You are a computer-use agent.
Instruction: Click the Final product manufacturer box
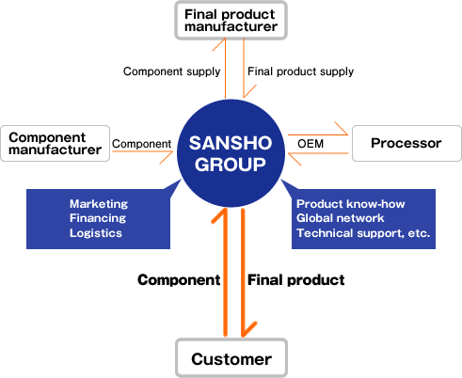(x=231, y=21)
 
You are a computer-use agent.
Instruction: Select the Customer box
(x=231, y=357)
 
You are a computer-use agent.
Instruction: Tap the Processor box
(x=406, y=143)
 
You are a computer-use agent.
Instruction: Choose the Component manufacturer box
(x=56, y=143)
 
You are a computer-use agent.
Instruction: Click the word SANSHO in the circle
(x=231, y=143)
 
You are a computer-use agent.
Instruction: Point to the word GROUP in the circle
(x=231, y=165)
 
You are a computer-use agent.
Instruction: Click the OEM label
(x=311, y=144)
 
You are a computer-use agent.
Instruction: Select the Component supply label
(x=172, y=71)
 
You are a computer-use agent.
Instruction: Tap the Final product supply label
(x=300, y=71)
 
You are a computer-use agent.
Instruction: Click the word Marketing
(x=99, y=204)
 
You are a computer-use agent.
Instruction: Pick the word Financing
(x=98, y=218)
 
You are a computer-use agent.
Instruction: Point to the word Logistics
(x=96, y=233)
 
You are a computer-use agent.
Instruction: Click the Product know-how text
(x=351, y=204)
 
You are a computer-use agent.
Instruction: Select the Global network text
(x=341, y=218)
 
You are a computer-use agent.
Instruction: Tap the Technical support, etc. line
(x=363, y=233)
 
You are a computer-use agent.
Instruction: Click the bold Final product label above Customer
(x=296, y=280)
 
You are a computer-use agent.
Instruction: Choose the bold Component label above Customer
(x=179, y=280)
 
